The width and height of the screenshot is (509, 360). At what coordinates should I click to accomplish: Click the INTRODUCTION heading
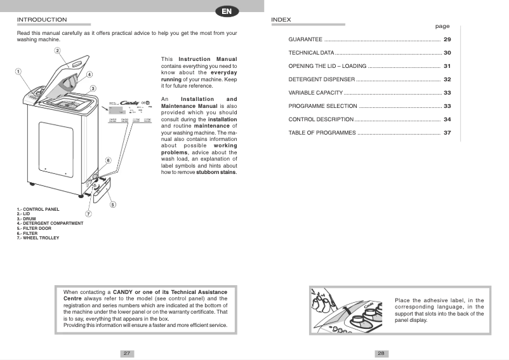click(42, 20)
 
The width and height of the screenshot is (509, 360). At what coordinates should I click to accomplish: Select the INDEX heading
click(281, 20)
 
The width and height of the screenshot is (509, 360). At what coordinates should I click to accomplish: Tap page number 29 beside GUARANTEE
click(447, 39)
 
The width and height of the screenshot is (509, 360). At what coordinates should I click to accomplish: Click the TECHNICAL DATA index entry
click(311, 53)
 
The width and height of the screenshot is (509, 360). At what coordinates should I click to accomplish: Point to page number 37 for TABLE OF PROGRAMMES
click(447, 133)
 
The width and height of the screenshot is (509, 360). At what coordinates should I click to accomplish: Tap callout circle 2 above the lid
click(57, 51)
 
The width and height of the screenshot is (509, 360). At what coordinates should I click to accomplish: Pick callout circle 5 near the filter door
click(112, 204)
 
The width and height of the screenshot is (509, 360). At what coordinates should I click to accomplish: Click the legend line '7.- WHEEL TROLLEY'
click(38, 238)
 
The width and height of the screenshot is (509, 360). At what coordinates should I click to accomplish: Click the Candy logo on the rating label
click(129, 101)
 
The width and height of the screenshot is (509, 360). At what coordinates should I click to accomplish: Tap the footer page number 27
click(127, 353)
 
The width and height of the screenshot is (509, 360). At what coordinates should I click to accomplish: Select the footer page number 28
click(381, 353)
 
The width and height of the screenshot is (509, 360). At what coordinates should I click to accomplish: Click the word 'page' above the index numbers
click(442, 27)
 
